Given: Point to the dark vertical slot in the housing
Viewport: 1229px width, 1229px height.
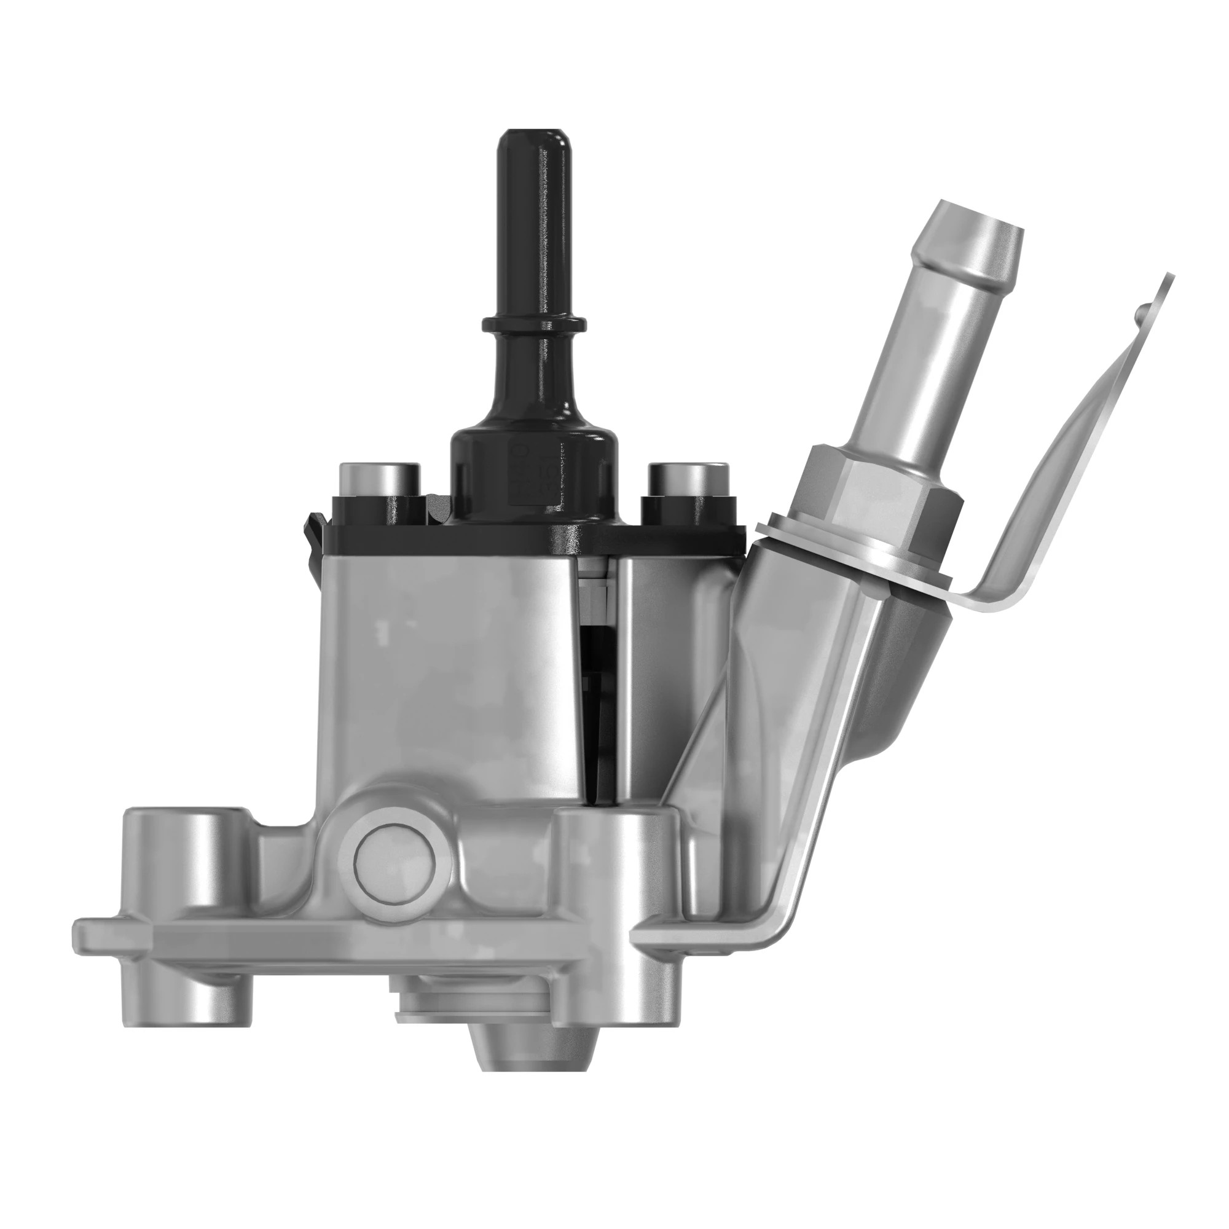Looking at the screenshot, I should pos(595,700).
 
